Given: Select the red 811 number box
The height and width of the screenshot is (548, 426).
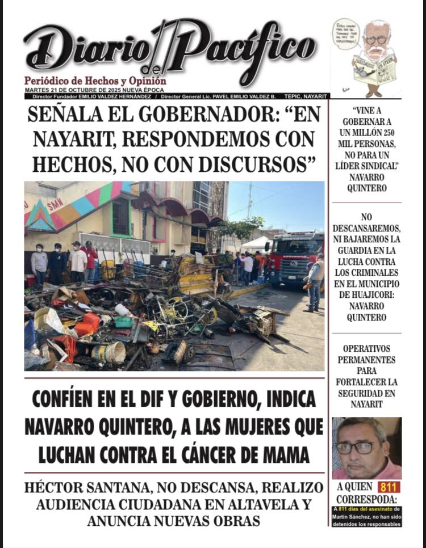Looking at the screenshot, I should pyautogui.click(x=389, y=487).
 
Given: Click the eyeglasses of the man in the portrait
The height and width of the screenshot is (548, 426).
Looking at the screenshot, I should pyautogui.click(x=356, y=446).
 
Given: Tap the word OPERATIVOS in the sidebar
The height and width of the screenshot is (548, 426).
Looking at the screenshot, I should pyautogui.click(x=366, y=348).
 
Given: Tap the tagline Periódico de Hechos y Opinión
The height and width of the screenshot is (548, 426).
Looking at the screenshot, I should pyautogui.click(x=95, y=81).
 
